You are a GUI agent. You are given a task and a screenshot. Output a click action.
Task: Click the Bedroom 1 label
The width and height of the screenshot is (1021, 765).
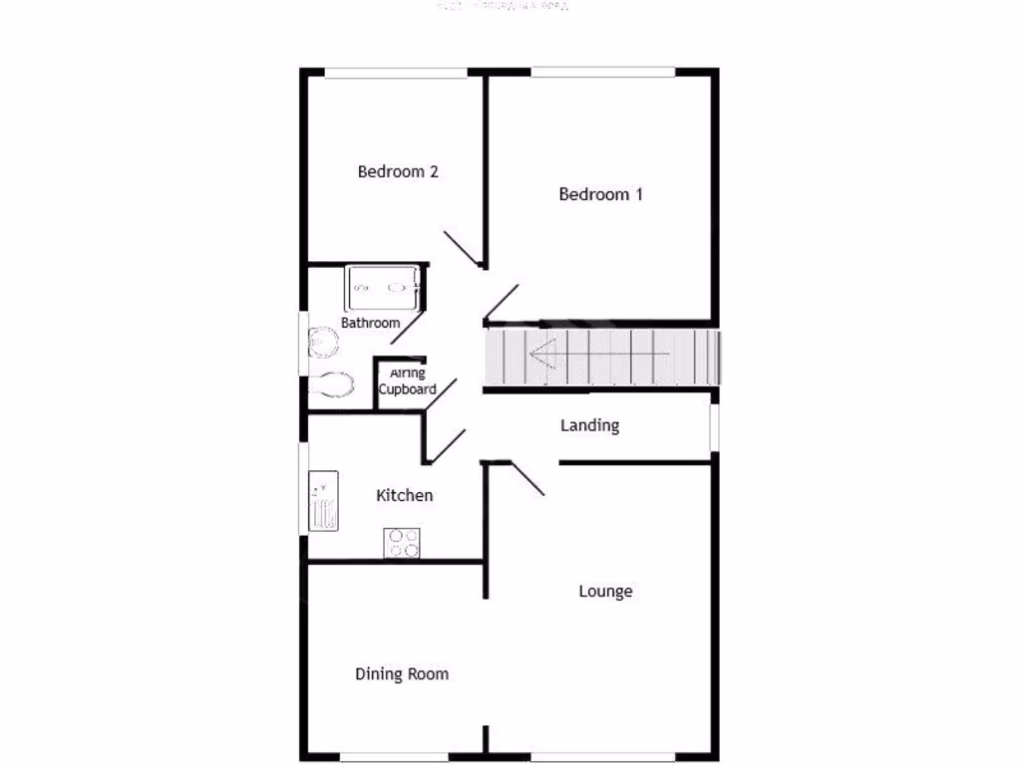600,194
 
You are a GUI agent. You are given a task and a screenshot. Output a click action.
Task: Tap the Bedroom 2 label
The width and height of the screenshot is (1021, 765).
398,171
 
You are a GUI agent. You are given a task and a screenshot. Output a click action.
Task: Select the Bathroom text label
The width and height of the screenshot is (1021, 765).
370,323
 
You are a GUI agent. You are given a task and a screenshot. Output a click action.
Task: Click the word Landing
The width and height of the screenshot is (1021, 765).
589,425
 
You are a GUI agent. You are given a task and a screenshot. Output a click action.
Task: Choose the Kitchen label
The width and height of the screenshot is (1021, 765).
404,495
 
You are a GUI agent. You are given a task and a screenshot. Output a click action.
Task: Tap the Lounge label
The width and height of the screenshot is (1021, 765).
605,592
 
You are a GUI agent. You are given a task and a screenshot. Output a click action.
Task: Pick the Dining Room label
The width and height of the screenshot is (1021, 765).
402,674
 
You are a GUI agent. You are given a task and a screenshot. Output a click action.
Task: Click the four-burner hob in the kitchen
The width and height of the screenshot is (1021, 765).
402,543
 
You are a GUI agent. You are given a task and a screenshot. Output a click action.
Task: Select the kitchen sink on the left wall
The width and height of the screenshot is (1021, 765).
323,500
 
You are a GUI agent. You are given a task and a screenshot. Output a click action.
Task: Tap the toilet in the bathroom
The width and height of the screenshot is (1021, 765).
331,383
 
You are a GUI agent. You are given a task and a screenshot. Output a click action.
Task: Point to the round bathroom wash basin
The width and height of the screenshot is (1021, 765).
323,342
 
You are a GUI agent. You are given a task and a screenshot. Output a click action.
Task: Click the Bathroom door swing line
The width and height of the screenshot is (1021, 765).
409,326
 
